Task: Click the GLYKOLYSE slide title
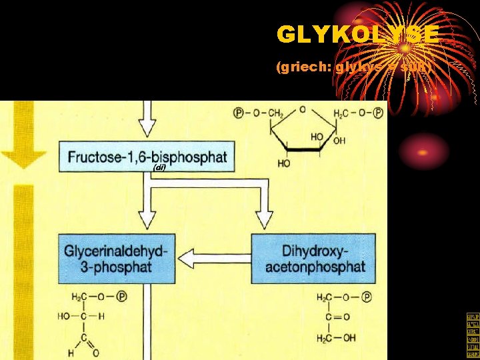click(358, 35)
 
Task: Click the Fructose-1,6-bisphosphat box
click(147, 157)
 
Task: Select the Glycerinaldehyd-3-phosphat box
click(117, 258)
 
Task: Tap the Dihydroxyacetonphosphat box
click(313, 258)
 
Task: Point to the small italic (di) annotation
click(159, 167)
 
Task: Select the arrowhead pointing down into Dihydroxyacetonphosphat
click(265, 218)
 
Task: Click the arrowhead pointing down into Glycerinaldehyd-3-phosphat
click(146, 219)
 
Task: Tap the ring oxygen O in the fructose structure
click(302, 109)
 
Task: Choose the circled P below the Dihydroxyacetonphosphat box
click(366, 297)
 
